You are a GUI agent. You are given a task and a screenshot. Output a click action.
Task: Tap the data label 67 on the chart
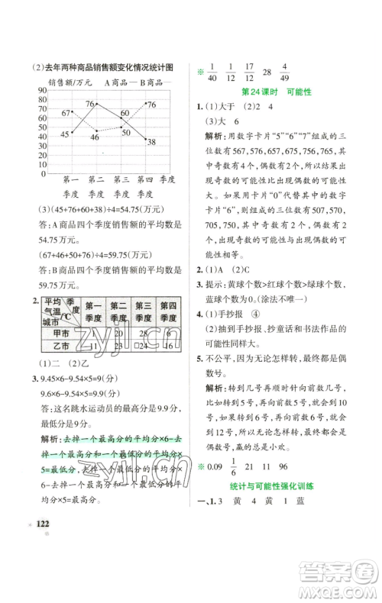click(66, 113)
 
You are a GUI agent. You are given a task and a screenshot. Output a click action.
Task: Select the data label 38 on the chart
click(151, 142)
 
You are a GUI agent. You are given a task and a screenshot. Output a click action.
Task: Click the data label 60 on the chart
click(125, 113)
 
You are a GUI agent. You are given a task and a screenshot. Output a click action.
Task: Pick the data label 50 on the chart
click(125, 133)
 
